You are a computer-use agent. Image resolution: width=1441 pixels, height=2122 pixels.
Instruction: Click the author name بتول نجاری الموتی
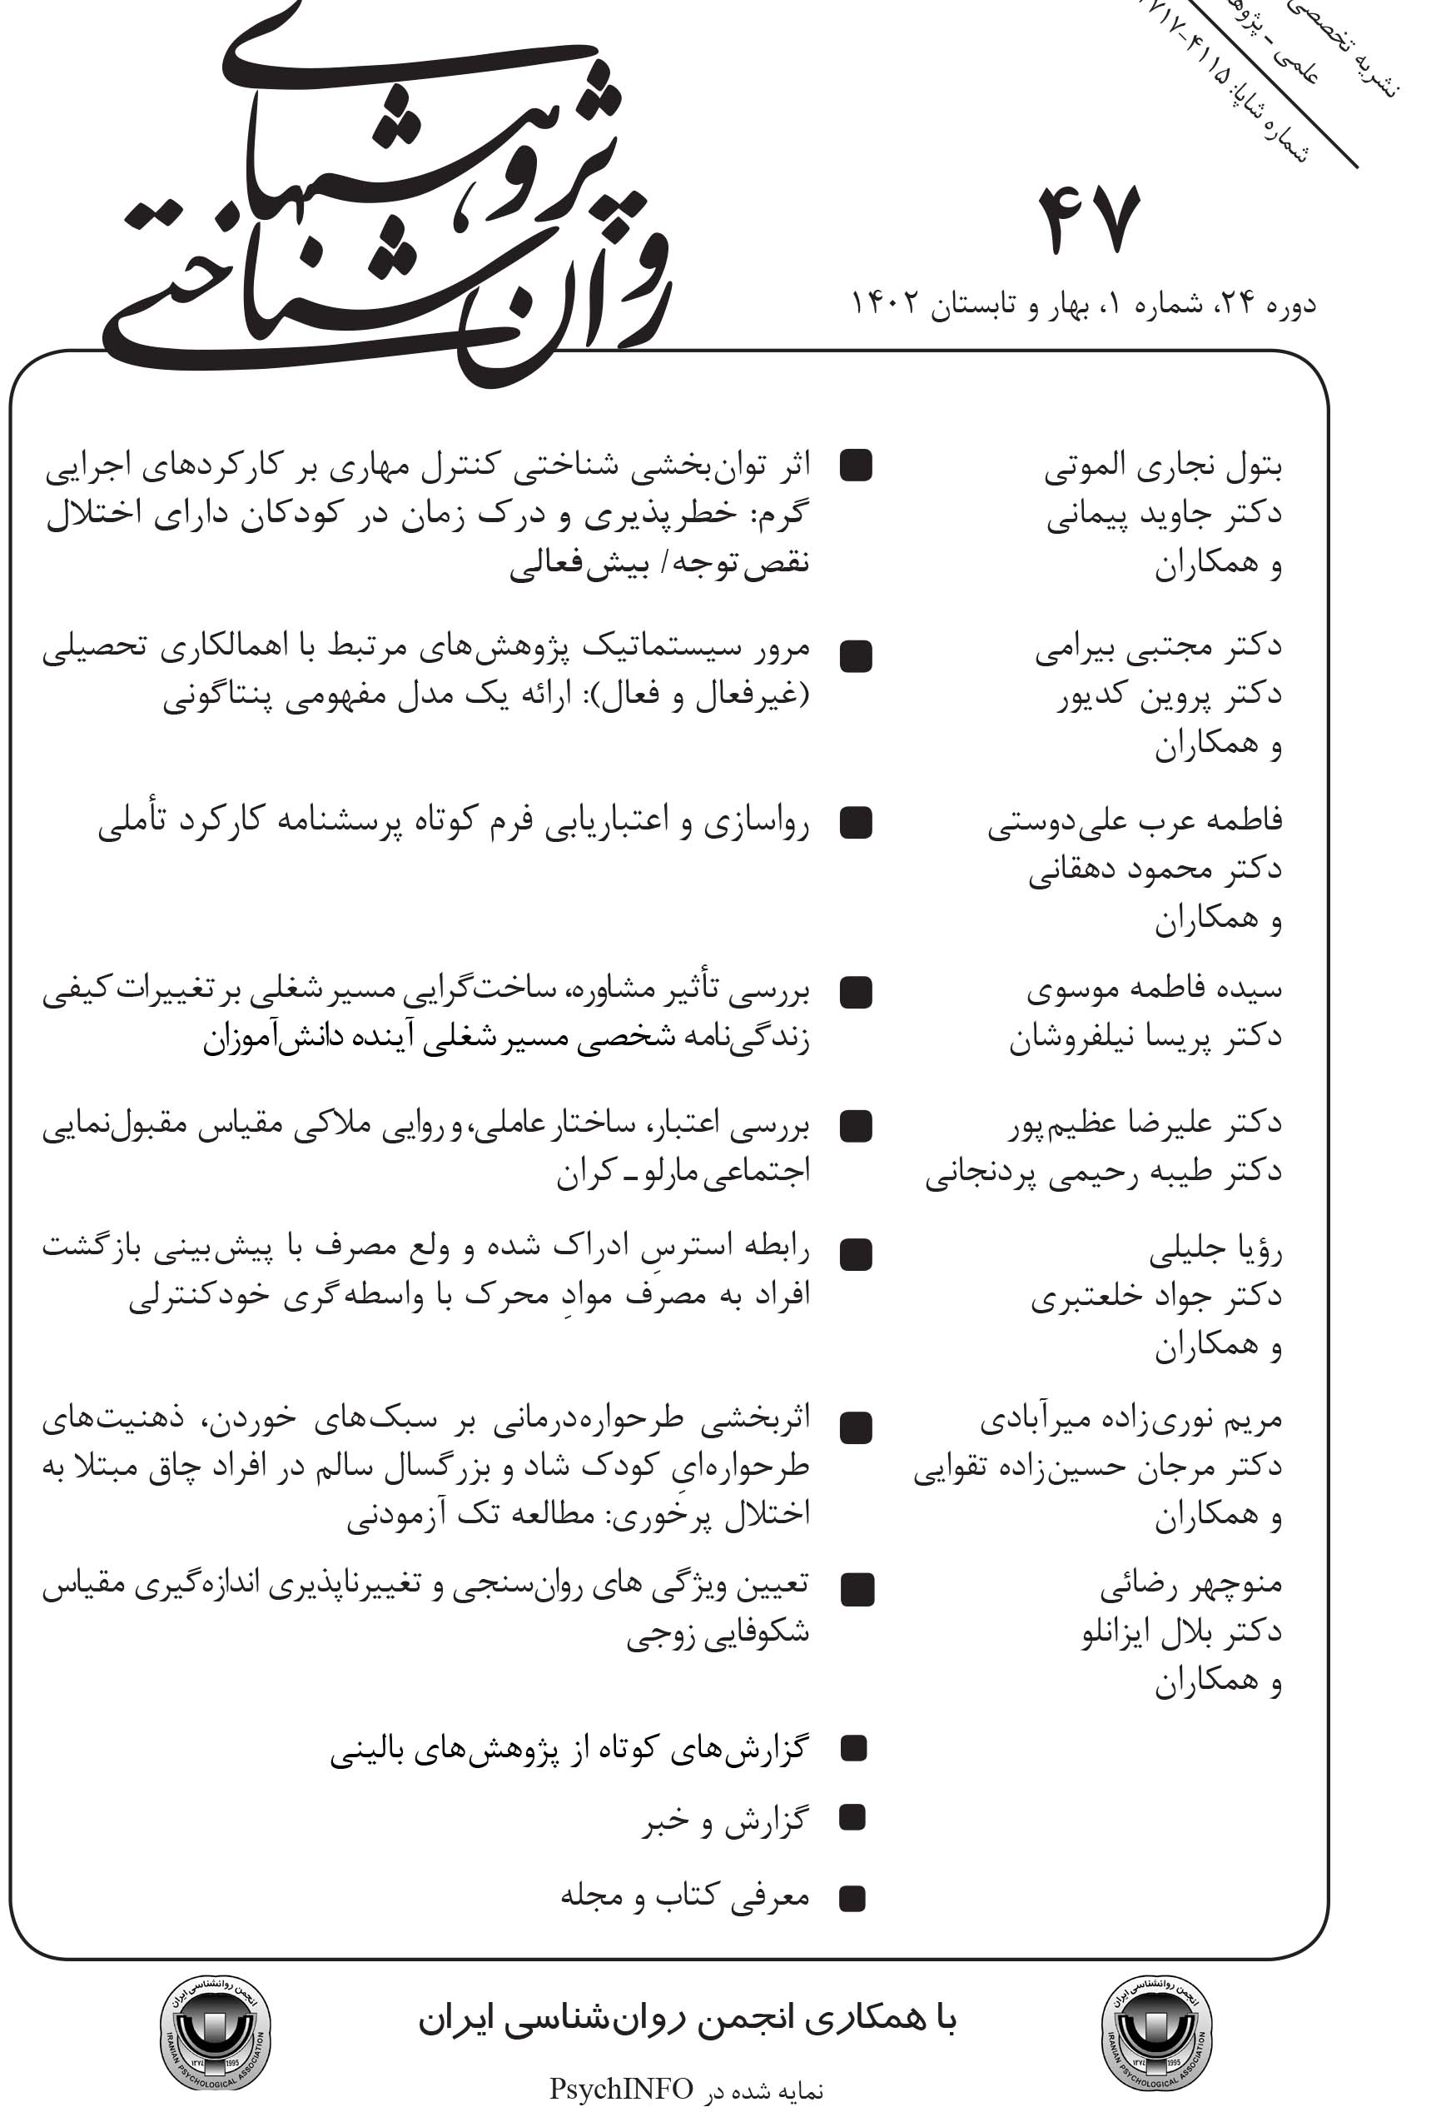click(x=1163, y=467)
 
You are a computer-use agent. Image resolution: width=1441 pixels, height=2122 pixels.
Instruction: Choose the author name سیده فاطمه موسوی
click(x=1154, y=989)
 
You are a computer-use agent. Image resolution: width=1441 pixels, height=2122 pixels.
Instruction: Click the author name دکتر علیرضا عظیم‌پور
click(x=1145, y=1124)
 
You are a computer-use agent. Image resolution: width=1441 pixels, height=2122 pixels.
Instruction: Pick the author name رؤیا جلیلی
click(x=1215, y=1252)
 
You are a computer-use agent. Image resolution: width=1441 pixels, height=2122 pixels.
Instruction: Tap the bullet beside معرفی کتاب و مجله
click(x=852, y=1899)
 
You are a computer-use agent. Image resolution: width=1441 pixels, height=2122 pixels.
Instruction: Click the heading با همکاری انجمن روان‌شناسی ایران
click(x=687, y=2019)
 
